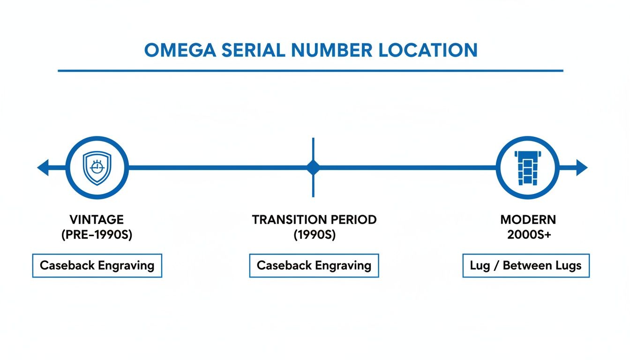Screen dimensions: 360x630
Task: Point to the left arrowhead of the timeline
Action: click(43, 167)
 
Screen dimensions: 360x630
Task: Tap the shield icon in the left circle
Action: click(97, 168)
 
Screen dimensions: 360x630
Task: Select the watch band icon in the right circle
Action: click(527, 168)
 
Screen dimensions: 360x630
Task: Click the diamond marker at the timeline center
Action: click(313, 167)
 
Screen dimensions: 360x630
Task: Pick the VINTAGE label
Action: click(97, 219)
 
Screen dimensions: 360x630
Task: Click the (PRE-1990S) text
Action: click(97, 235)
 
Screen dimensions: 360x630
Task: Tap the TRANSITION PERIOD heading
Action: click(314, 219)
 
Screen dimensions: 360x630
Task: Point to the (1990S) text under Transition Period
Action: click(314, 235)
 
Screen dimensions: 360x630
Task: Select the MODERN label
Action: click(528, 219)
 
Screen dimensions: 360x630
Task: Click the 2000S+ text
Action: click(528, 235)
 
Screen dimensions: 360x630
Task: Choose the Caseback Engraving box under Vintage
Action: click(97, 265)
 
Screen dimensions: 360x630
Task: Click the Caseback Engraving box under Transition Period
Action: click(314, 265)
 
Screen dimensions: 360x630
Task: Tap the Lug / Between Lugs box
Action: click(525, 265)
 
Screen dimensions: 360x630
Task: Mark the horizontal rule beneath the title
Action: click(310, 71)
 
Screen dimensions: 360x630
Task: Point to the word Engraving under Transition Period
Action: click(343, 266)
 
